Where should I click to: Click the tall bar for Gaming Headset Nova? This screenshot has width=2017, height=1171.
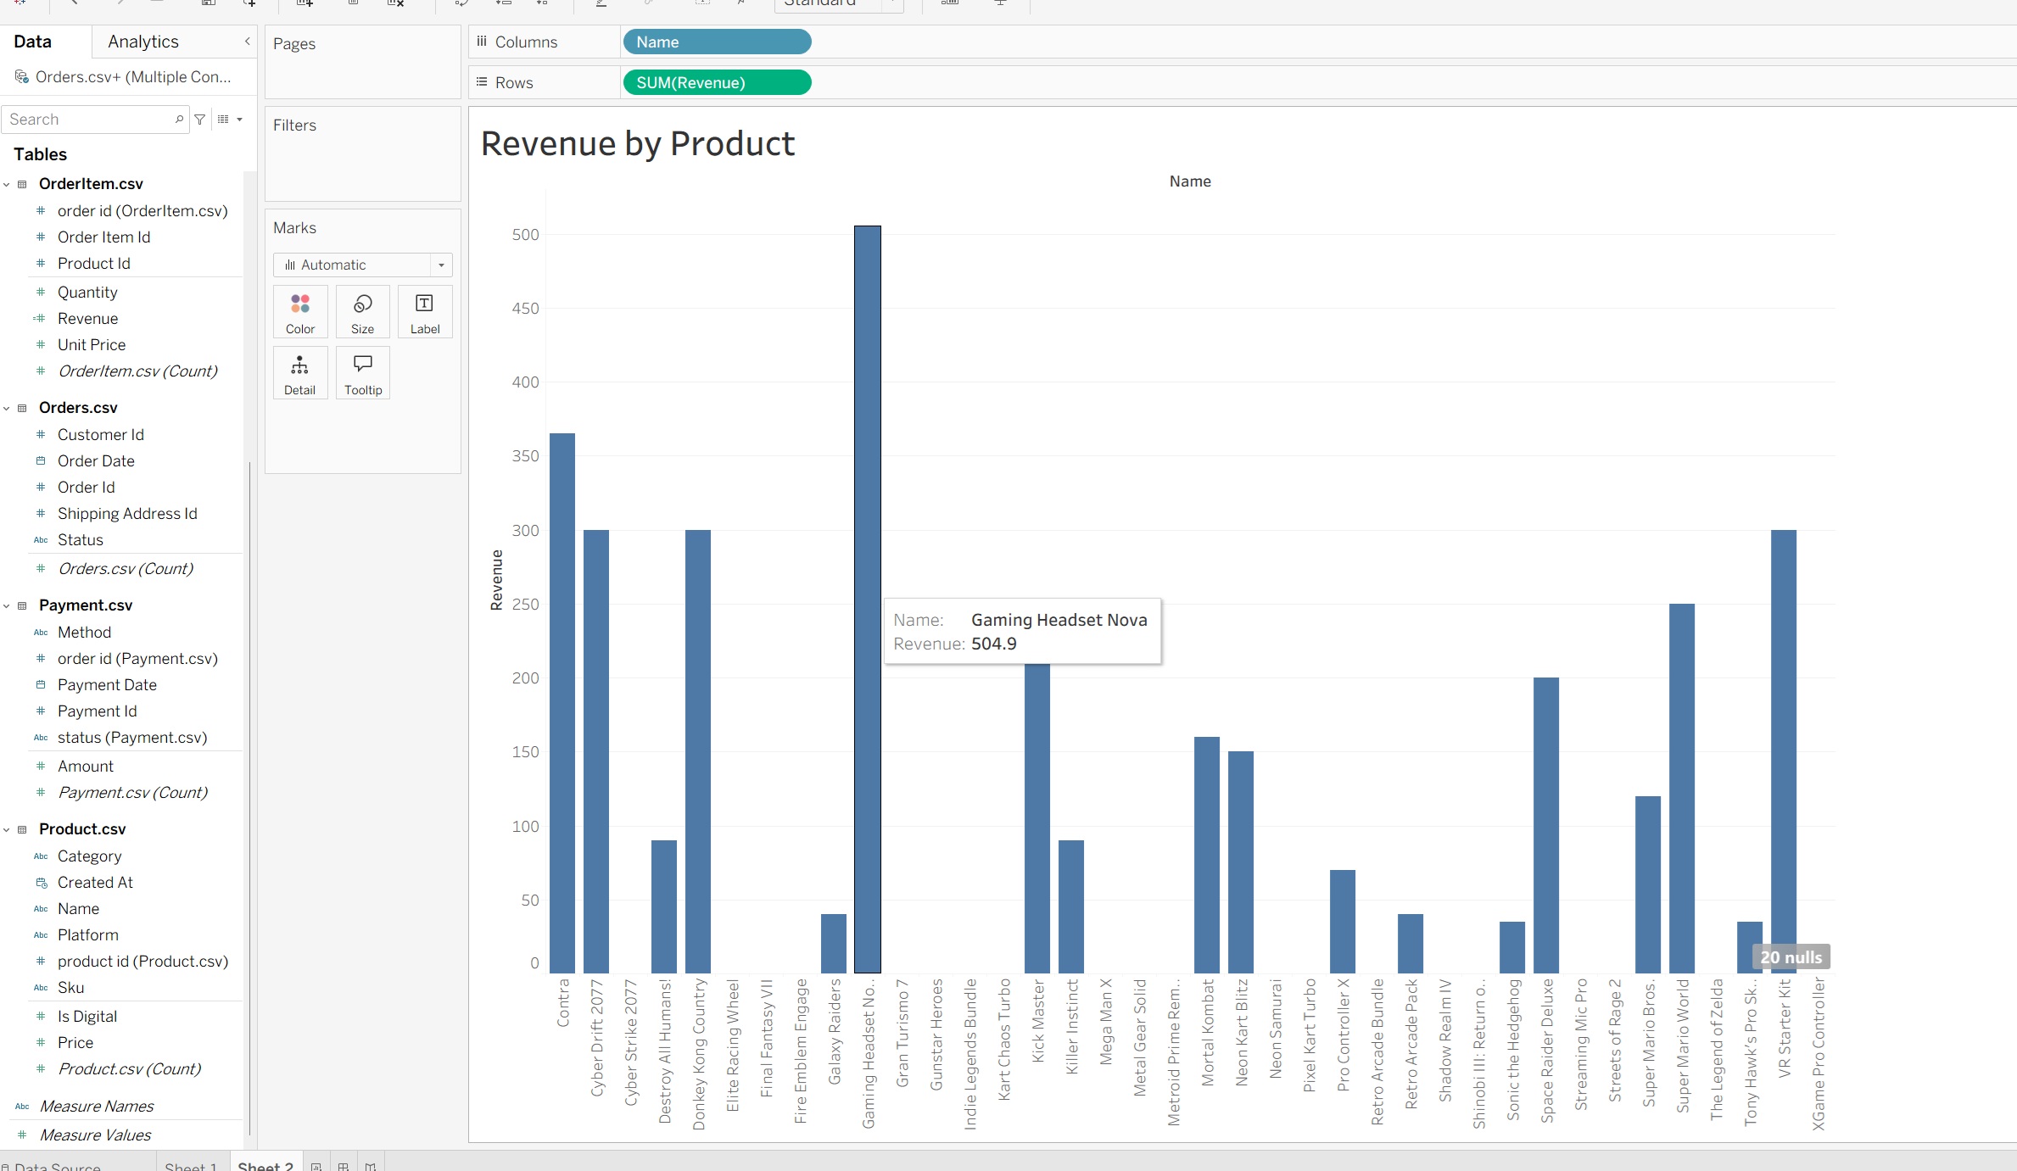tap(867, 424)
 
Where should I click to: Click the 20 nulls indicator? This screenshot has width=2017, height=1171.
tap(1791, 957)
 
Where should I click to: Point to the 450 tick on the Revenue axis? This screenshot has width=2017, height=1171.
tap(525, 309)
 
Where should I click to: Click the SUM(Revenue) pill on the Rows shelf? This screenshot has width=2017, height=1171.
tap(716, 82)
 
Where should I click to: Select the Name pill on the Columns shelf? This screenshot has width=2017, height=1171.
tap(716, 42)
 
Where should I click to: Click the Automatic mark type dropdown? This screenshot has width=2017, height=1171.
tap(362, 265)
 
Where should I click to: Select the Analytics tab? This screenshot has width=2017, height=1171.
tap(143, 42)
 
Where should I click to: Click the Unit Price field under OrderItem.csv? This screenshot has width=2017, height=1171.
tap(92, 344)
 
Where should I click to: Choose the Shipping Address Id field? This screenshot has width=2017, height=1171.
tap(127, 513)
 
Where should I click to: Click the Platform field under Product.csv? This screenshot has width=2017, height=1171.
tap(88, 934)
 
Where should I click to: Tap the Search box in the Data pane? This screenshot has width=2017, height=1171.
tap(89, 120)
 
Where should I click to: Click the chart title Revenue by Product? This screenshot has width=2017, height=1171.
tap(637, 143)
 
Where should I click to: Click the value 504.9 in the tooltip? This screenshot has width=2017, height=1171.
tap(993, 644)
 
